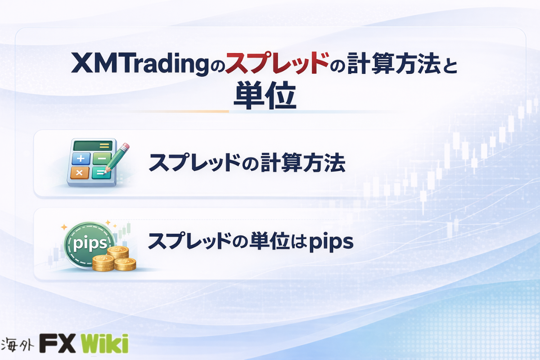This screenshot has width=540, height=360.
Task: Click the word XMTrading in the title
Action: [140, 63]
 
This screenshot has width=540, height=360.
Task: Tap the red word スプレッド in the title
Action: [278, 63]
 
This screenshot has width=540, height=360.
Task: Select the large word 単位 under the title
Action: [265, 95]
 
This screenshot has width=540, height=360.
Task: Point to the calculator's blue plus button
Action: [81, 158]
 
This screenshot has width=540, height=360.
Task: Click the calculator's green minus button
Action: [102, 158]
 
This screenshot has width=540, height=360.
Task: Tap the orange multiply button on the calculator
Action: [80, 173]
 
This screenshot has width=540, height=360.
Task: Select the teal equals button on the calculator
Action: [101, 173]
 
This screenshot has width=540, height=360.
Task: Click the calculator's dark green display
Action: [93, 146]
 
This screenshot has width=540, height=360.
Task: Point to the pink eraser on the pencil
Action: [126, 146]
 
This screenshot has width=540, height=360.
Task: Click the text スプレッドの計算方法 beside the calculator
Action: [247, 162]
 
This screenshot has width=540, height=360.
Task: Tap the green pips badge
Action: [89, 243]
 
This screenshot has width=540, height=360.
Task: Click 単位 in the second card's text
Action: [269, 241]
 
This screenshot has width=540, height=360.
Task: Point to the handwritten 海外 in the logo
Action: [17, 344]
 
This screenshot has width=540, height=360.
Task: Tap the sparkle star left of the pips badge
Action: [64, 227]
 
